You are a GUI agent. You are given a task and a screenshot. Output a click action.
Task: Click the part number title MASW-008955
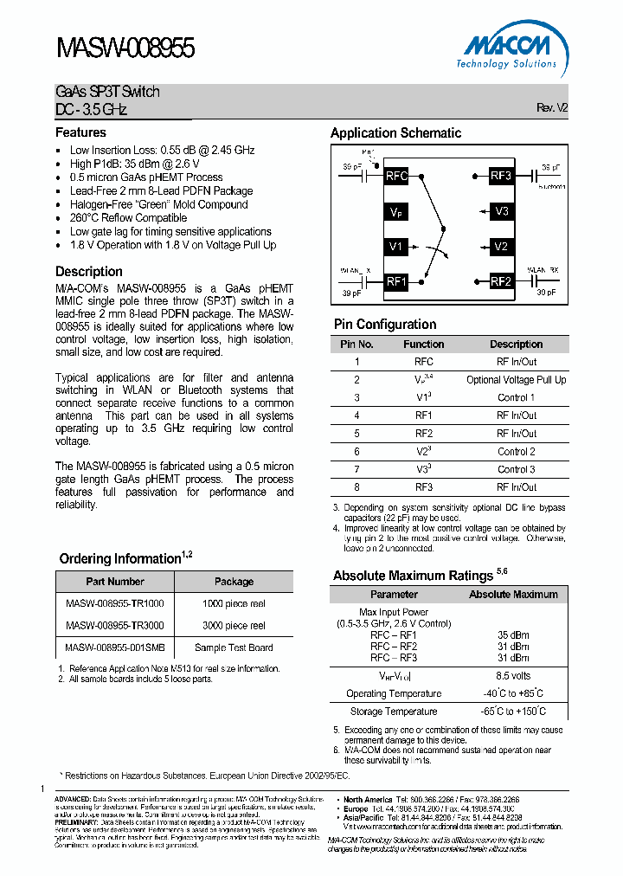(125, 48)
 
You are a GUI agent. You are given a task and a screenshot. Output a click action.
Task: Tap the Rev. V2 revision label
(552, 108)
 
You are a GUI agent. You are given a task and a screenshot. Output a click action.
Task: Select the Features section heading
(80, 132)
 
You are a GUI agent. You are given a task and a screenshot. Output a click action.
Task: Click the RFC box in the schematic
(396, 176)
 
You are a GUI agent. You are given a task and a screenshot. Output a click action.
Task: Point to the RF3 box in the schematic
(501, 176)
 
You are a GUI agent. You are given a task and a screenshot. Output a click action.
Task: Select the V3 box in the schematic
(502, 211)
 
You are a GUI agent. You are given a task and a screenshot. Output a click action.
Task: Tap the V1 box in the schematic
(396, 247)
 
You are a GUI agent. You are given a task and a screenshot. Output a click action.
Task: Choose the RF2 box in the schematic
(501, 281)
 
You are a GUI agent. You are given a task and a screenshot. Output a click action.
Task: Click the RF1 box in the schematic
(396, 281)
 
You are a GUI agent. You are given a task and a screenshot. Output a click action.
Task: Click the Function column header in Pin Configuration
(424, 344)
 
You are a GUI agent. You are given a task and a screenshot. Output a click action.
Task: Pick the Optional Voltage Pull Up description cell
(516, 380)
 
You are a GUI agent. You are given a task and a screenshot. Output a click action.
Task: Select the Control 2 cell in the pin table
(516, 451)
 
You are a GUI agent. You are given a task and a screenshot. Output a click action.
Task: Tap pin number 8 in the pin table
(356, 487)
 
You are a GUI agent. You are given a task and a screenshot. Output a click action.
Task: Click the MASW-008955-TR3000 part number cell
(115, 625)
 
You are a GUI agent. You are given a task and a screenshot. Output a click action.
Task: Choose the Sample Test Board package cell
(234, 647)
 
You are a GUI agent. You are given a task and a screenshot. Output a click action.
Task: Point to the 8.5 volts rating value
(513, 675)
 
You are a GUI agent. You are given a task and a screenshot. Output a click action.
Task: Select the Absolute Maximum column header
(513, 595)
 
